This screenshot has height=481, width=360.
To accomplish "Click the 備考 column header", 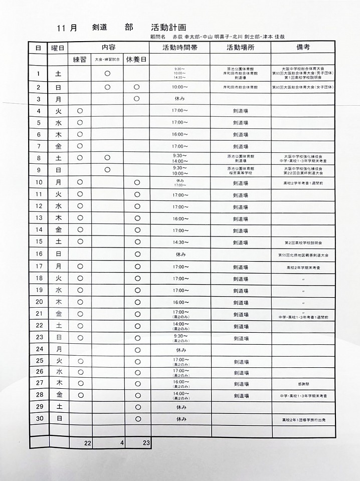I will (303, 48).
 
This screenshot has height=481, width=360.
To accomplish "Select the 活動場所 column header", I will (241, 48).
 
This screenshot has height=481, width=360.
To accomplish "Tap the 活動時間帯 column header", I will (181, 48).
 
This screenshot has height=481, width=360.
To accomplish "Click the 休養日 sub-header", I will (136, 59).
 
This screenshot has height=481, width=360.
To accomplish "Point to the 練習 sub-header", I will (80, 59).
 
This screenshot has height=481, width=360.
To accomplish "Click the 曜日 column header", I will (58, 48).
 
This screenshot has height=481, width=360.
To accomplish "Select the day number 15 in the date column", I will (39, 243).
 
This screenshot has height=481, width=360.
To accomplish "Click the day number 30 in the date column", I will (39, 418).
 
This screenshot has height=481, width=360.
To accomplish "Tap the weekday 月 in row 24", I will (59, 349).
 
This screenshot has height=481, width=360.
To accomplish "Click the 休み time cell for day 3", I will (181, 99).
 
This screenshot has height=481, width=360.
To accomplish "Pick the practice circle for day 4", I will (79, 111).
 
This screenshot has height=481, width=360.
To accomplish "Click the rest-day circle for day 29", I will (137, 406).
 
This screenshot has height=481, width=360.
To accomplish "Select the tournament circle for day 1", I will (107, 74).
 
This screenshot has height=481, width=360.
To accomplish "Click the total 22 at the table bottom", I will (88, 443).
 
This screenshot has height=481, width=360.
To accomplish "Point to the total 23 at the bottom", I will (146, 443).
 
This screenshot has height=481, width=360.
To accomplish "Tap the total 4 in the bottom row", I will (121, 443).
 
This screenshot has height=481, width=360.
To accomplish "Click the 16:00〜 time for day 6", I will (181, 134).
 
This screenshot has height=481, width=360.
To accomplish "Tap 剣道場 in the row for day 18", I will (241, 279).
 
